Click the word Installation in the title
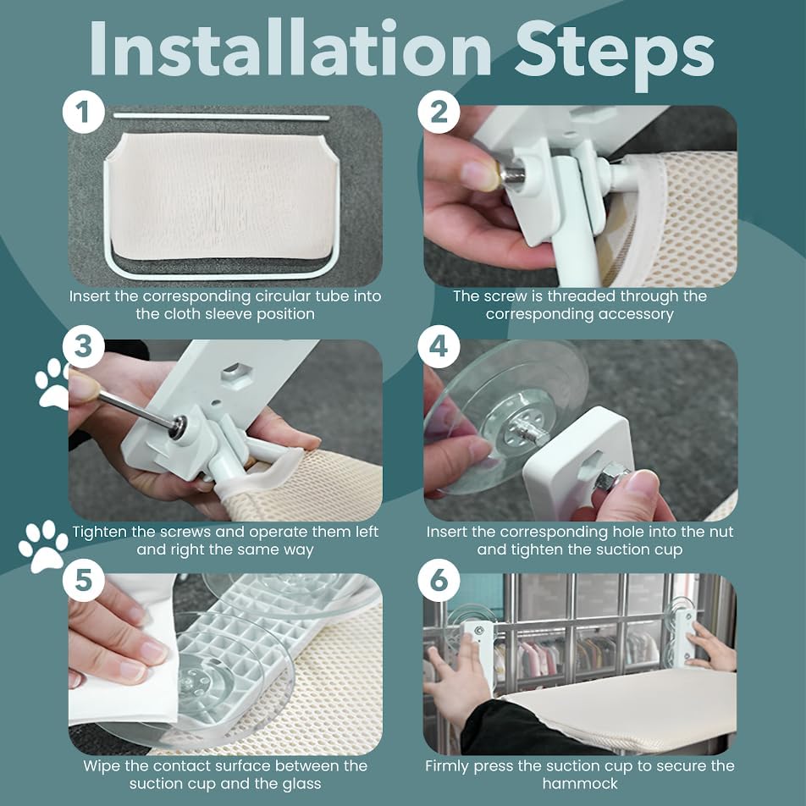(x=290, y=50)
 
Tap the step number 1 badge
(x=84, y=112)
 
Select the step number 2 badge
(x=439, y=112)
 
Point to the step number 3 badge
(x=84, y=347)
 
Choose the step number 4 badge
(x=439, y=347)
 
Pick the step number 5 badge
(x=84, y=581)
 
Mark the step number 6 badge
(x=439, y=581)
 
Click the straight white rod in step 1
(x=222, y=117)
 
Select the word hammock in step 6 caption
(x=580, y=784)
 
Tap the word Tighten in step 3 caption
(x=99, y=533)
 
